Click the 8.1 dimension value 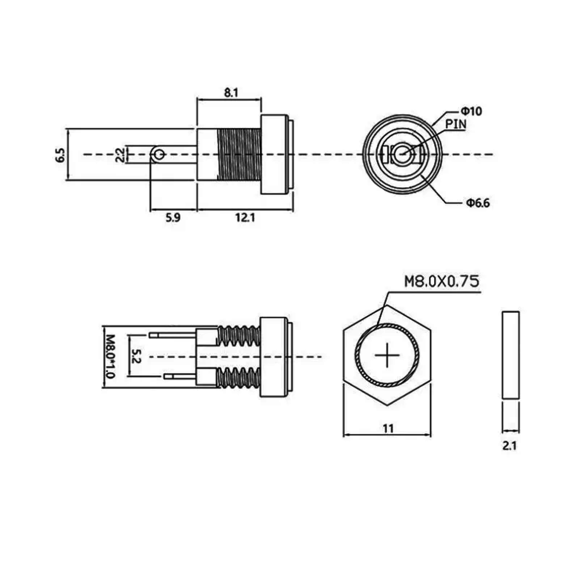pos(231,92)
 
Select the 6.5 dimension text pos(60,155)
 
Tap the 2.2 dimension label pos(120,155)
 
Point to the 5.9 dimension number pos(173,218)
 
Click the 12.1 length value pos(245,218)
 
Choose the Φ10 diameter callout pos(471,111)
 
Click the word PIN pos(456,124)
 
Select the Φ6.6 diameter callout pos(478,203)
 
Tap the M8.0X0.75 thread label pos(442,281)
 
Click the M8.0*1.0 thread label pos(110,356)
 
